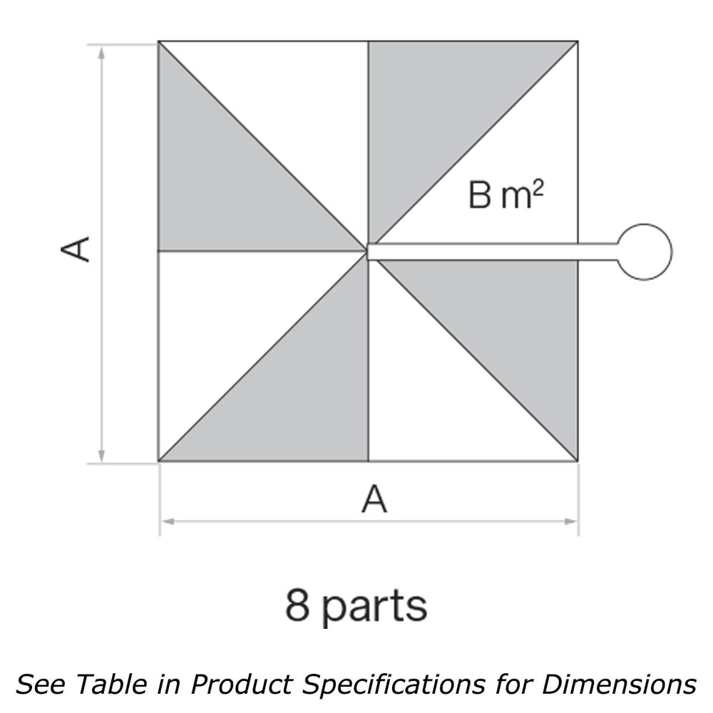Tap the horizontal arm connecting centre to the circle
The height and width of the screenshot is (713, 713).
492,251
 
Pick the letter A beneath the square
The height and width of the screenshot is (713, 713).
374,499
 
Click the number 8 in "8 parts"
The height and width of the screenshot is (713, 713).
298,605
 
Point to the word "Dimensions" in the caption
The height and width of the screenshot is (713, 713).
618,684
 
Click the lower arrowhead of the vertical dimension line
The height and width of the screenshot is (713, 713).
102,455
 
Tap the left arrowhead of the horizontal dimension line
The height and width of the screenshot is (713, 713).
167,522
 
